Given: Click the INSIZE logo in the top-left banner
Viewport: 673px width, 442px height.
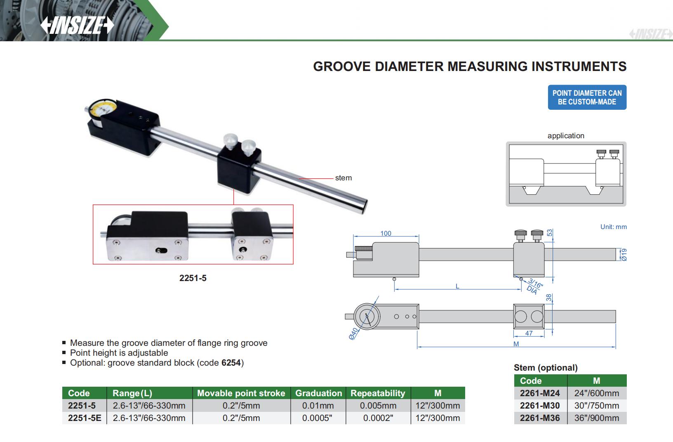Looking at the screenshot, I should [77, 26].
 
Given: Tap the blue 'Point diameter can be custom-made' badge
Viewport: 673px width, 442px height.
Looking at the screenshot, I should [586, 97].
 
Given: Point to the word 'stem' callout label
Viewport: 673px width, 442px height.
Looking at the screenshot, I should [343, 178].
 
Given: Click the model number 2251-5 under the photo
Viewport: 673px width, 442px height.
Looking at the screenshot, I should [193, 278].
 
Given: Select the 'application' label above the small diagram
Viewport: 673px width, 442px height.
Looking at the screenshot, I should [565, 136].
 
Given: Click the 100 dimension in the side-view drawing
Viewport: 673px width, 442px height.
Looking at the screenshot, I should [386, 234].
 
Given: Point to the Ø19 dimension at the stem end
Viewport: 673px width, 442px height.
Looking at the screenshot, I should [624, 254].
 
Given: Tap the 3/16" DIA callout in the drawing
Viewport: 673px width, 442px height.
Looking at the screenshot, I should [534, 286].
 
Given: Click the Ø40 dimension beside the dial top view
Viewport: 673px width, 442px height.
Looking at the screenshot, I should [353, 334].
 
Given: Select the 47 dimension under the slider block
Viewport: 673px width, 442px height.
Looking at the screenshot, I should [529, 333].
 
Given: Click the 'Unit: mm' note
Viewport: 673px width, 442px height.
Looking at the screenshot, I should [613, 227].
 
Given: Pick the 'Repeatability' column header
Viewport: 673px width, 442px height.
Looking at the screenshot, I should [378, 393].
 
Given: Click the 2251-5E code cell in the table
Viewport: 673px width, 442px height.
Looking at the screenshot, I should [85, 418].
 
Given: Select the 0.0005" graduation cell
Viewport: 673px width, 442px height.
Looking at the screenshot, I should [318, 418].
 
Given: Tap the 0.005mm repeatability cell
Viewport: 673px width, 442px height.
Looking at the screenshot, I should [378, 406].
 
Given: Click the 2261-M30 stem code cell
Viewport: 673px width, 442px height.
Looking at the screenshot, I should [540, 406].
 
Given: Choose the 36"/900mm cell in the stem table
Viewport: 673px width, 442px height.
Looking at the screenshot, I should [596, 418].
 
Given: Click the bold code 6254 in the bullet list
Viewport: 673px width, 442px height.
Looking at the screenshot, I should [231, 363].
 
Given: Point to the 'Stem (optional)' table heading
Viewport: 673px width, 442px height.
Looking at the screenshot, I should [545, 368].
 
